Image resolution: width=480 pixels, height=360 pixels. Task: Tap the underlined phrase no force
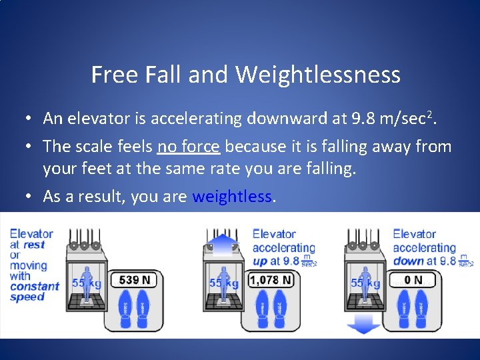pyautogui.click(x=191, y=146)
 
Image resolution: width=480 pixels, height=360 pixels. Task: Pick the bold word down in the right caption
pyautogui.click(x=409, y=261)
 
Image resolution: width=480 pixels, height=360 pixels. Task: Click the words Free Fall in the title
pyautogui.click(x=136, y=75)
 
